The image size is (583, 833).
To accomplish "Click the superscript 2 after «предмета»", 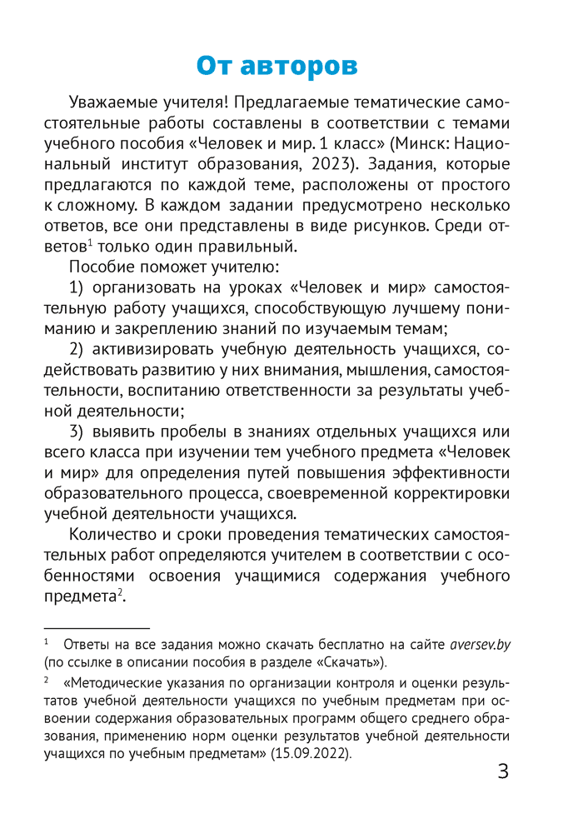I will point(119,591).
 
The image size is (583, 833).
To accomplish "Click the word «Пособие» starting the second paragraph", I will point(103,267).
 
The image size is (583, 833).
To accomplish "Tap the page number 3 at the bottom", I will point(502,771).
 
